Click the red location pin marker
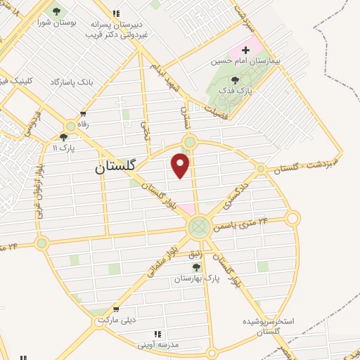pyautogui.click(x=181, y=165)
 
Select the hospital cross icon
pyautogui.click(x=245, y=50)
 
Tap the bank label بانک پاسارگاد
pyautogui.click(x=71, y=82)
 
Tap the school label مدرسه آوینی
pyautogui.click(x=158, y=345)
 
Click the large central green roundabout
pyautogui.click(x=199, y=226)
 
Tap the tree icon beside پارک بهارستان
pyautogui.click(x=196, y=267)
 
